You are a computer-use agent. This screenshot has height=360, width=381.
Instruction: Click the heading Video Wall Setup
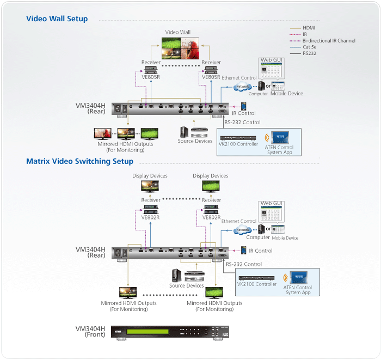click(x=57, y=19)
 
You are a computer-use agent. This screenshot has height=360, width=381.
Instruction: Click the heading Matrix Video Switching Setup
click(x=79, y=161)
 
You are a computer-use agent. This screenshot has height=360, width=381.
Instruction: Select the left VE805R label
click(x=150, y=77)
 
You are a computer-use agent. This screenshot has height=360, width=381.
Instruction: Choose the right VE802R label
click(x=211, y=217)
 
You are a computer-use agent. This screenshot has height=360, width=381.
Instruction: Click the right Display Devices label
click(x=211, y=176)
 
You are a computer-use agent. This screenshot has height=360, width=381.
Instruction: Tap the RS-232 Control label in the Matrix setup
click(x=243, y=264)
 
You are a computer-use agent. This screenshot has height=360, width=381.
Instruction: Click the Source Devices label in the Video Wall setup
click(x=195, y=141)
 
